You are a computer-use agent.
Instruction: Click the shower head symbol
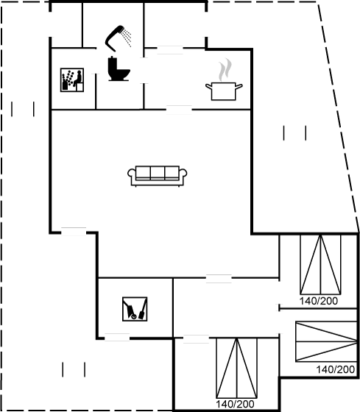[x=113, y=38]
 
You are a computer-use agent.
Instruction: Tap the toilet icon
[x=119, y=69]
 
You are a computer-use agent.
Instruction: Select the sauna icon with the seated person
[x=72, y=80]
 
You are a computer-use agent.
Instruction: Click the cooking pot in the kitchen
[x=224, y=91]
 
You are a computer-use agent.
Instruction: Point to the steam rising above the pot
[x=225, y=70]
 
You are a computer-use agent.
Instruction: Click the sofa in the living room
[x=158, y=176]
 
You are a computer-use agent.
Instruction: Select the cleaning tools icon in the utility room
[x=135, y=309]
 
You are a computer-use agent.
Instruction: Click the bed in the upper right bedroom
[x=320, y=265]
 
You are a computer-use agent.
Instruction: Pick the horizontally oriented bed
[x=326, y=341]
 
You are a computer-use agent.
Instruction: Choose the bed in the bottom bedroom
[x=236, y=368]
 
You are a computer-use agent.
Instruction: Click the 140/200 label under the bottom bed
[x=235, y=404]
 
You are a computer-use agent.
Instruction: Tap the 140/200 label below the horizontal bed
[x=335, y=369]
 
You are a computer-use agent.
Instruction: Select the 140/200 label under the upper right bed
[x=319, y=301]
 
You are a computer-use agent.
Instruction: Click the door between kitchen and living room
[x=179, y=110]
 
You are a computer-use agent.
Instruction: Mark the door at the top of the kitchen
[x=170, y=50]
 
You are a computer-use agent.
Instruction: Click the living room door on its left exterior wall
[x=74, y=232]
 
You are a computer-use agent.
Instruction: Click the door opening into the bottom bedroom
[x=196, y=339]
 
